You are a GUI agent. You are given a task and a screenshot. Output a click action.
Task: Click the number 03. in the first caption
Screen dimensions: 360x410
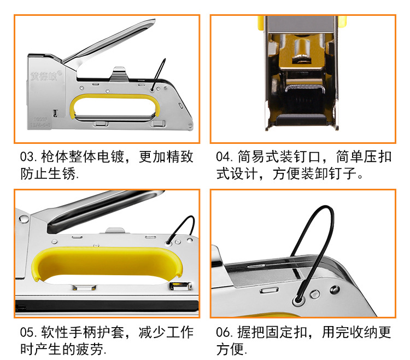tap(28, 157)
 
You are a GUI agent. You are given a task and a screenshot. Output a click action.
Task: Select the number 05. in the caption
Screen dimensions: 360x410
tap(28, 332)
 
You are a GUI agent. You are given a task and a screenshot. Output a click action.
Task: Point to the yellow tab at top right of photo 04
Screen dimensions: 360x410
tap(342, 22)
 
